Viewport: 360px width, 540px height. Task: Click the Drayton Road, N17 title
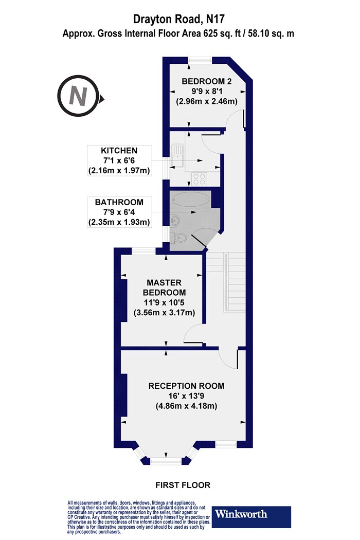[x=179, y=20]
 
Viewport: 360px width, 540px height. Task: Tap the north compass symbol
[x=78, y=96]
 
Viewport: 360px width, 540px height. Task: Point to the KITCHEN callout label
[x=119, y=151]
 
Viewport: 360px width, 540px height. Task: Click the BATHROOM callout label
[x=119, y=202]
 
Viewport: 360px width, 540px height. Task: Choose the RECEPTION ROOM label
[x=186, y=386]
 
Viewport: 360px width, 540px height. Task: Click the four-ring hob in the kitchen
[x=199, y=179]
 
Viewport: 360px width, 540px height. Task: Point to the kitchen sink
[x=178, y=155]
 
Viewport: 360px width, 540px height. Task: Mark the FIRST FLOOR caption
[x=183, y=485]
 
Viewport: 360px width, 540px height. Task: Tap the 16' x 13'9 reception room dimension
[x=186, y=396]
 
